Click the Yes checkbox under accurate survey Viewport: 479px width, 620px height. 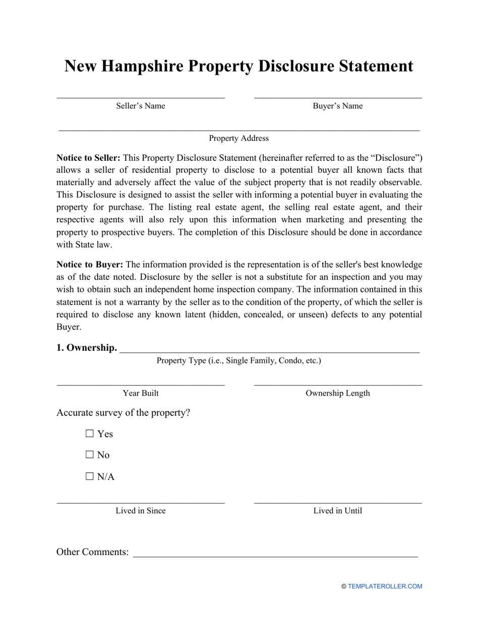90,433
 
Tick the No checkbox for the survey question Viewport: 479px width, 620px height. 90,455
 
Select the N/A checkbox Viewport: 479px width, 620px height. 90,476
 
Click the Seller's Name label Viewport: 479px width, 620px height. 141,106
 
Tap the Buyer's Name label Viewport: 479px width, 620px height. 337,106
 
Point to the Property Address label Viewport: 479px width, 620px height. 239,138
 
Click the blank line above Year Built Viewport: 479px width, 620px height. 141,385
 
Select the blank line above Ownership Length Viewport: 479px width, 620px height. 337,385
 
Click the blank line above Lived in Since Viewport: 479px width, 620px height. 141,503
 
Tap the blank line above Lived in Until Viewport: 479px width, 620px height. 337,503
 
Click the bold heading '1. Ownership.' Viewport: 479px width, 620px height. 87,348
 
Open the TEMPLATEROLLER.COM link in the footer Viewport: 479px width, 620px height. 385,586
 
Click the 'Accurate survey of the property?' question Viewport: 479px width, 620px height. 124,412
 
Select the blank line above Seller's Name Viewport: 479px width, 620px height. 141,97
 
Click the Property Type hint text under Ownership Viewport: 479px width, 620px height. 239,360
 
